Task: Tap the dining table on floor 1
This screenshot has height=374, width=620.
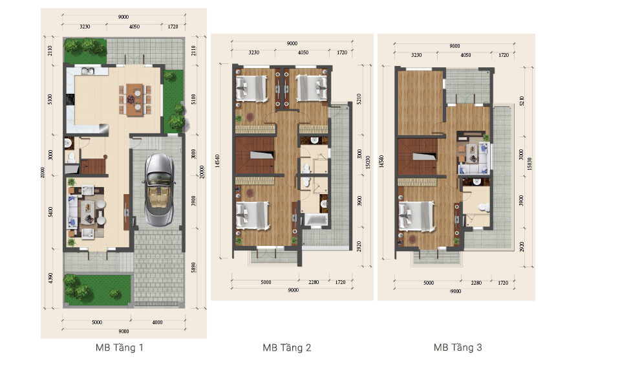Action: click(135, 99)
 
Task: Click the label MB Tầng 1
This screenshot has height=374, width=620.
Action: click(120, 348)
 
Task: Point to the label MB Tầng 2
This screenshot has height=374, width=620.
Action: click(286, 348)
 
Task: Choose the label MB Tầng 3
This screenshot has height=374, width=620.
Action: click(458, 348)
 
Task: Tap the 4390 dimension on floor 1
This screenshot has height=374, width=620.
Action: click(50, 279)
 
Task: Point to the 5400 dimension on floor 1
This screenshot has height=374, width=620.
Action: click(50, 212)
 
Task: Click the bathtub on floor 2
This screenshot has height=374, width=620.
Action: click(315, 222)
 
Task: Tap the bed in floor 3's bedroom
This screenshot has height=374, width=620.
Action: click(416, 216)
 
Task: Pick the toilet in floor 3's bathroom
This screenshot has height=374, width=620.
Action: click(481, 206)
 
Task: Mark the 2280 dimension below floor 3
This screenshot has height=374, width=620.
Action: click(476, 283)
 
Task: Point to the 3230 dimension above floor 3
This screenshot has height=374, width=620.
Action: click(416, 56)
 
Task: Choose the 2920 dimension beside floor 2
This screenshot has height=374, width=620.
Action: click(359, 247)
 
